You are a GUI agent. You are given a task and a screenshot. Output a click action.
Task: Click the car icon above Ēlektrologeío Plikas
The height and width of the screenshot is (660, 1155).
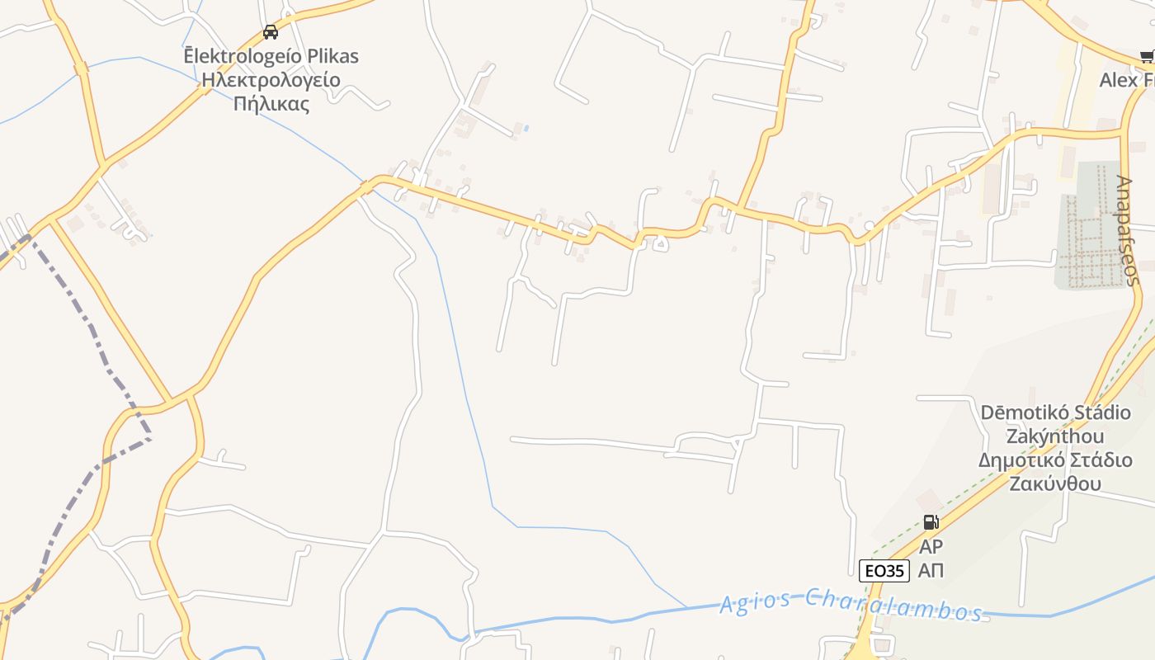pyautogui.click(x=270, y=32)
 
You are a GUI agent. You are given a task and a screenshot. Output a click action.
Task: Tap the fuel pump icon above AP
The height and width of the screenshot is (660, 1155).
pyautogui.click(x=931, y=521)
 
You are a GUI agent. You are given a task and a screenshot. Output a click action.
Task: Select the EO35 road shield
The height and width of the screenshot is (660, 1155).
pyautogui.click(x=884, y=570)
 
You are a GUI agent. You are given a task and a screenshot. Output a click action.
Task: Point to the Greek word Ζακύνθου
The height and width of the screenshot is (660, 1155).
pyautogui.click(x=1055, y=483)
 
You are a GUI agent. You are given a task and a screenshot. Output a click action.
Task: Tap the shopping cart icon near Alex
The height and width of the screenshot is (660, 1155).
pyautogui.click(x=1147, y=56)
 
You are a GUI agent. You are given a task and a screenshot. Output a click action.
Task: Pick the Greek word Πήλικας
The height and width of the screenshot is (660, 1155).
pyautogui.click(x=271, y=104)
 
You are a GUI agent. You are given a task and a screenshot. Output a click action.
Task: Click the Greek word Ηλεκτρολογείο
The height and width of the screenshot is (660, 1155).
pyautogui.click(x=271, y=80)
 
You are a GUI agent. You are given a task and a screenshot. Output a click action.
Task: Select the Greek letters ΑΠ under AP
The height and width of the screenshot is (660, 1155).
pyautogui.click(x=931, y=569)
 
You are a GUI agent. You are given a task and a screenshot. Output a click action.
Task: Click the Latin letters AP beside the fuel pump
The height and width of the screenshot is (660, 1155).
pyautogui.click(x=931, y=546)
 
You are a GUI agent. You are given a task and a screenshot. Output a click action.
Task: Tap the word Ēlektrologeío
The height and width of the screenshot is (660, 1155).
pyautogui.click(x=237, y=56)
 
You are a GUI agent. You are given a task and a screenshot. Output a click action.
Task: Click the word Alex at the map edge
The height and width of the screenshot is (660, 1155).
pyautogui.click(x=1118, y=80)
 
